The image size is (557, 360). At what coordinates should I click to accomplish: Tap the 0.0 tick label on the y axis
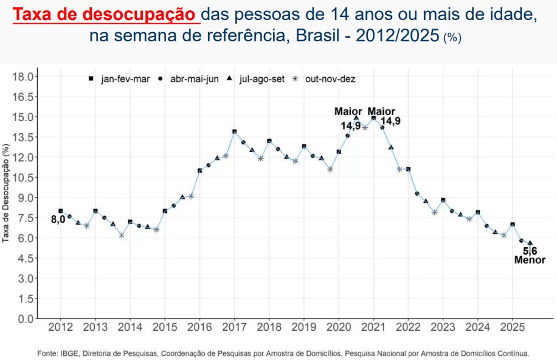click(24, 319)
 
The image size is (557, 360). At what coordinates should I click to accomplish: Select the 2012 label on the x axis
click(60, 327)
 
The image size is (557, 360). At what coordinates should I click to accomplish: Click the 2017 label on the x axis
click(234, 327)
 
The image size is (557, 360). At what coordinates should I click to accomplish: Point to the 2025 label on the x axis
click(512, 327)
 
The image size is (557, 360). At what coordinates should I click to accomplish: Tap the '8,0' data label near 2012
click(57, 220)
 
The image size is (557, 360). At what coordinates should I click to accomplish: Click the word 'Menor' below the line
click(530, 260)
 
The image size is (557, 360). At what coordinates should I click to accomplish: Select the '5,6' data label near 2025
click(530, 251)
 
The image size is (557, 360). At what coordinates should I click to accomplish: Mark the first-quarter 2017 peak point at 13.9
click(234, 131)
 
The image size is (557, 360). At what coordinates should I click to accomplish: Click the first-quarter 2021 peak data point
click(373, 118)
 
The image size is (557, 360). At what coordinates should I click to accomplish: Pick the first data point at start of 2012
click(60, 211)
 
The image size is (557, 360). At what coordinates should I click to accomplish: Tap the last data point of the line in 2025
click(530, 243)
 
